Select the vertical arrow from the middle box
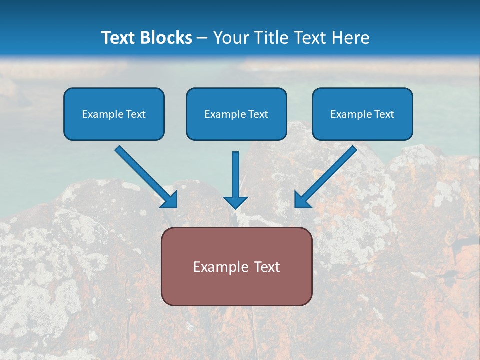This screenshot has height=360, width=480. pyautogui.click(x=236, y=175)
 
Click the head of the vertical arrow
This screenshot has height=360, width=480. pyautogui.click(x=236, y=202)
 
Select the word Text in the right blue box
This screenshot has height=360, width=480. pyautogui.click(x=384, y=114)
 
